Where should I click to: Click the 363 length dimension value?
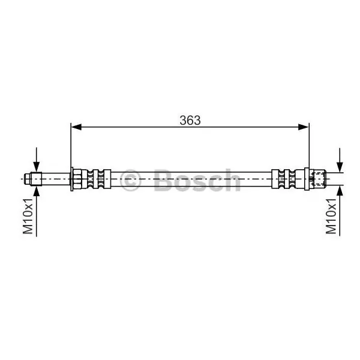click(x=190, y=121)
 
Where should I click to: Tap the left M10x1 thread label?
click(x=28, y=216)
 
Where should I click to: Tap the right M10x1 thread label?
click(x=331, y=216)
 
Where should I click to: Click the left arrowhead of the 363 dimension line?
click(x=76, y=127)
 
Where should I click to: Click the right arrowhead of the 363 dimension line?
click(x=303, y=127)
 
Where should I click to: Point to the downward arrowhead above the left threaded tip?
click(x=36, y=167)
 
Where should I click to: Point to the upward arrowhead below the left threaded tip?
click(x=36, y=191)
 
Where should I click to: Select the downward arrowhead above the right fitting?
click(x=340, y=167)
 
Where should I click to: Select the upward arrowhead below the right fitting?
click(x=340, y=191)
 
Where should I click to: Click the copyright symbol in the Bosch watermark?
click(x=130, y=180)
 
